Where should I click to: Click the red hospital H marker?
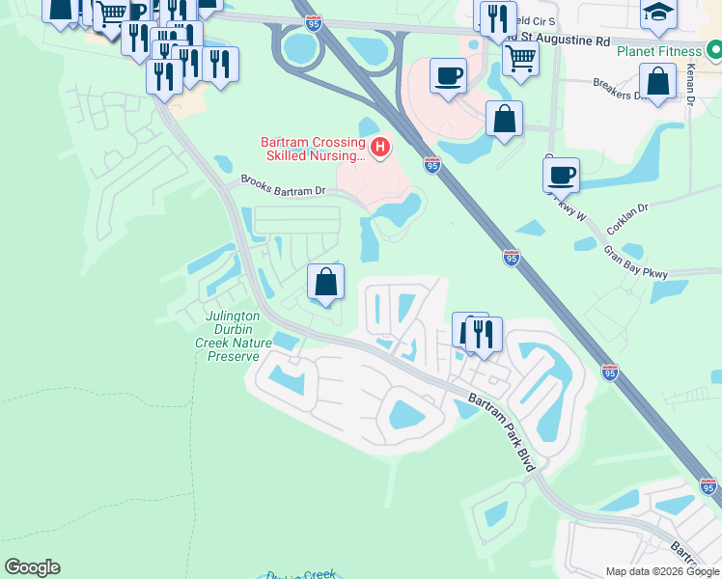tap(381, 148)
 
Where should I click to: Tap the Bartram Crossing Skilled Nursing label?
tap(313, 149)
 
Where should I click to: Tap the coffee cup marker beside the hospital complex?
tap(448, 74)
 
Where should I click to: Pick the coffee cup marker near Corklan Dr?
tap(561, 175)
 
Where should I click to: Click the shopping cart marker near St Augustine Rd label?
tap(520, 58)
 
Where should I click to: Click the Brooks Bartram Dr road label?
tap(284, 183)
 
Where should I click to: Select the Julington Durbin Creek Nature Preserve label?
tap(234, 336)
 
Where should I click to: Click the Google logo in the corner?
tap(32, 567)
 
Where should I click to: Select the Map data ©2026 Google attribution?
tap(661, 571)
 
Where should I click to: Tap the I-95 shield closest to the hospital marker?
tap(431, 166)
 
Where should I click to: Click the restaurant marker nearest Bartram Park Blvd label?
tap(484, 333)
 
